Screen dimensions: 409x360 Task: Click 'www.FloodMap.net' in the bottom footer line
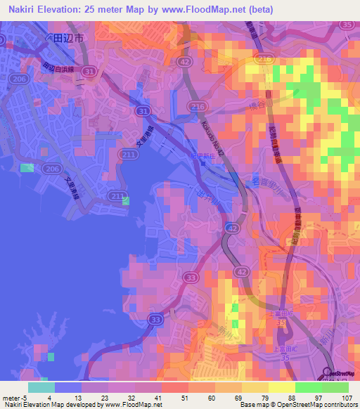pyautogui.click(x=131, y=405)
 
